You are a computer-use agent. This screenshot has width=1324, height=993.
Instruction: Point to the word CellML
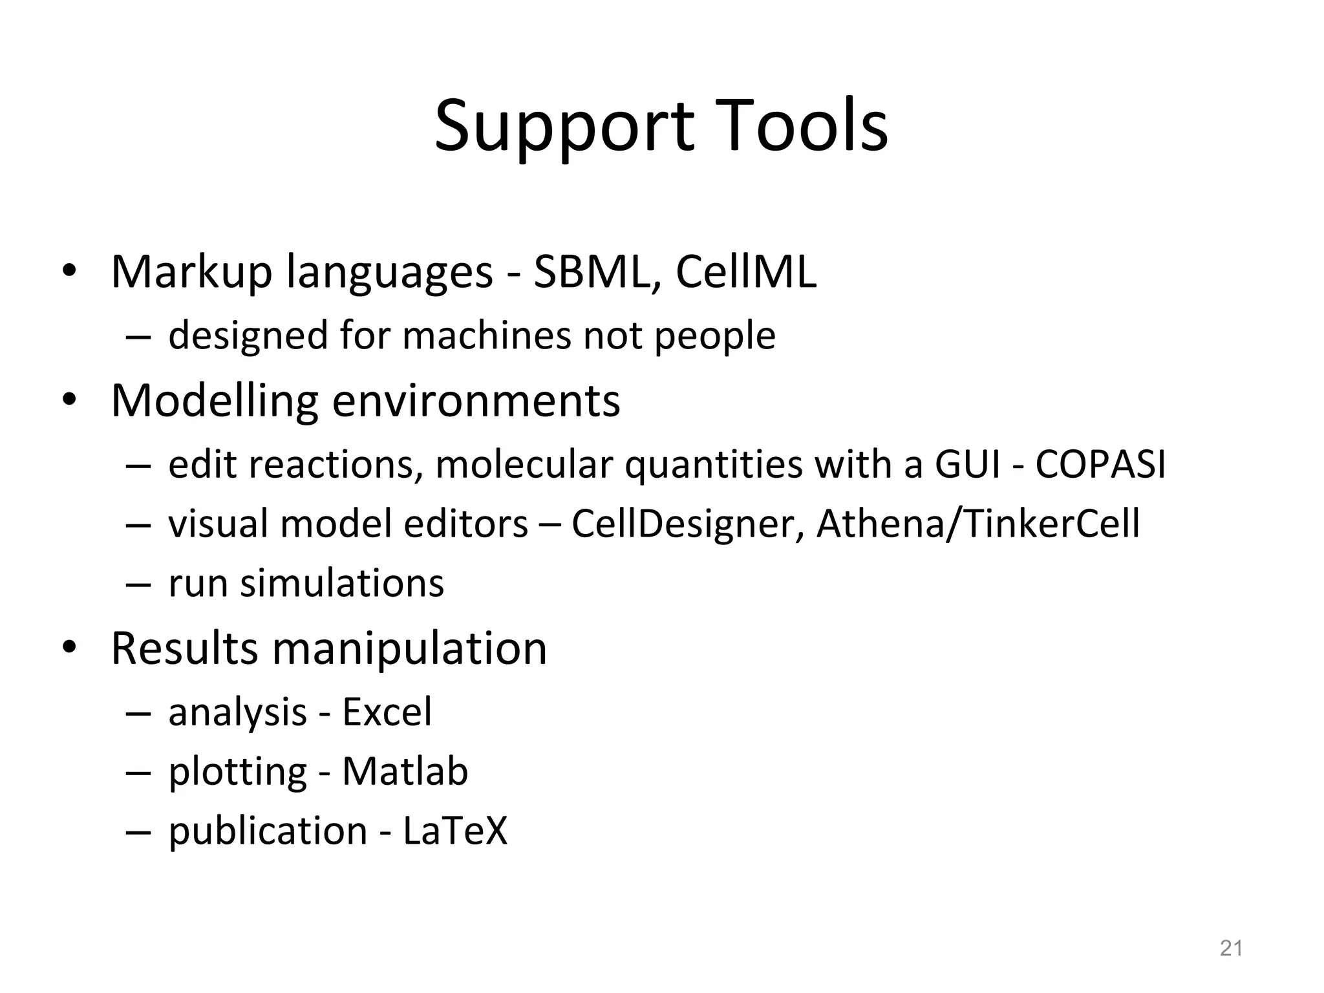click(746, 272)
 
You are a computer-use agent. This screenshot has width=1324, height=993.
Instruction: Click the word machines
click(487, 336)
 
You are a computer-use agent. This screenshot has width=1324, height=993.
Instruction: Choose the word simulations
click(342, 583)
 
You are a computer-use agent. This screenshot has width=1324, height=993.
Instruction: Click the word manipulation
click(409, 648)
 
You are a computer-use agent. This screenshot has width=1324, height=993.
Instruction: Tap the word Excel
click(387, 712)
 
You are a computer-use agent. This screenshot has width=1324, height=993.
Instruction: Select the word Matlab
click(405, 771)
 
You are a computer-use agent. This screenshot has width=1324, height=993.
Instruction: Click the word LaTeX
click(455, 831)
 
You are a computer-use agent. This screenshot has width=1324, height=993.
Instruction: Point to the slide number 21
click(1231, 948)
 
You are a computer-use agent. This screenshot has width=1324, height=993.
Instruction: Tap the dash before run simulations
click(138, 584)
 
